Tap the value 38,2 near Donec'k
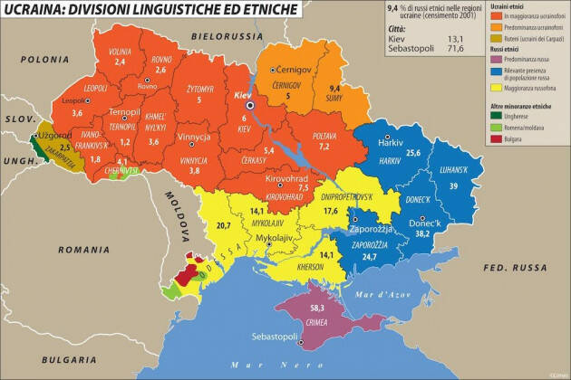(x=447, y=233)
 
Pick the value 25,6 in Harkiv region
(x=415, y=153)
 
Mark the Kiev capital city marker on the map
(x=250, y=106)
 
